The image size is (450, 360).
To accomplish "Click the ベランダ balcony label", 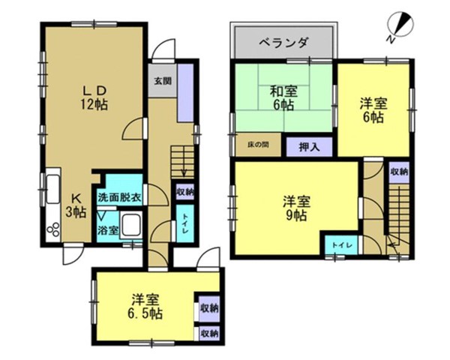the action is coord(284,43).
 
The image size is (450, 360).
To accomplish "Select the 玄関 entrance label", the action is coord(163,81).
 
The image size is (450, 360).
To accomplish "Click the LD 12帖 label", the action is coord(94,98).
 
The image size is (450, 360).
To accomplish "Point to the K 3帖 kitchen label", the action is coord(76,205).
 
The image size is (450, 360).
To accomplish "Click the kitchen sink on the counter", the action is coord(53,185).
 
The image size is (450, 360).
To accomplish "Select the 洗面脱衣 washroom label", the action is coord(119,197).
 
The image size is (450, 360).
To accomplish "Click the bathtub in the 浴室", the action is coord(131,225).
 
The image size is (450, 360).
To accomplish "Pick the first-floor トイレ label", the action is coord(184,223).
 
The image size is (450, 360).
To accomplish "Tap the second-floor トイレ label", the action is coord(342,245).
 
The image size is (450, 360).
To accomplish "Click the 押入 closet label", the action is coord(309,147).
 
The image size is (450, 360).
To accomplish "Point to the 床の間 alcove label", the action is coord(258,145).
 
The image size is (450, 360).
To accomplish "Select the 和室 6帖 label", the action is coord(283,98).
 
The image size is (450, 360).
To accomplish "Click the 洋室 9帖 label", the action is coord(296,208).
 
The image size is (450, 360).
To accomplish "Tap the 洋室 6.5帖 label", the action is coord(145,307).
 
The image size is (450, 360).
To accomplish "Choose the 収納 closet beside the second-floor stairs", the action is coord(400,172).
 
